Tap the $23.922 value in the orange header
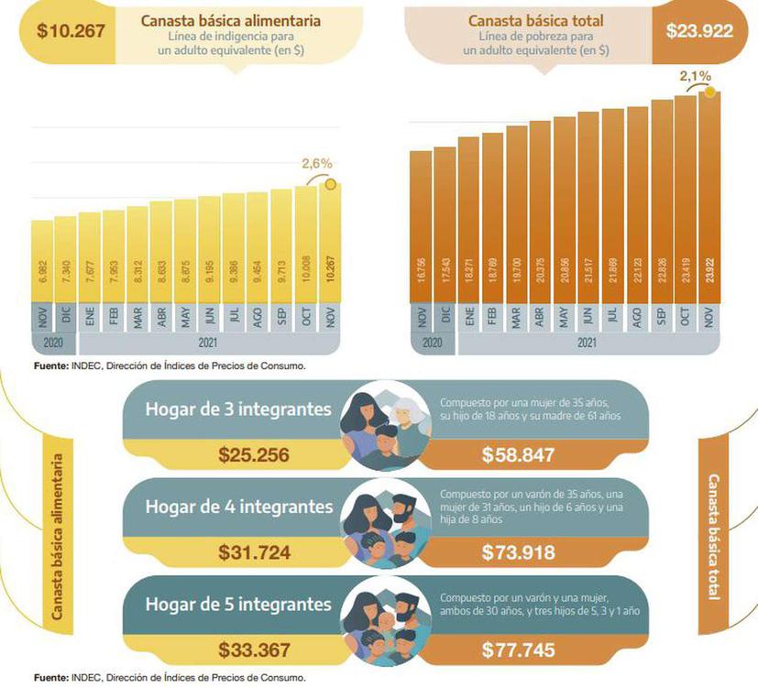(x=699, y=31)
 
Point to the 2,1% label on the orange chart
(x=695, y=75)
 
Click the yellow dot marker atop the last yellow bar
(x=331, y=184)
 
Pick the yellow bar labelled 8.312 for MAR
(x=137, y=256)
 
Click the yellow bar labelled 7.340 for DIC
(x=65, y=261)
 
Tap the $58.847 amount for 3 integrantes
(x=518, y=453)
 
